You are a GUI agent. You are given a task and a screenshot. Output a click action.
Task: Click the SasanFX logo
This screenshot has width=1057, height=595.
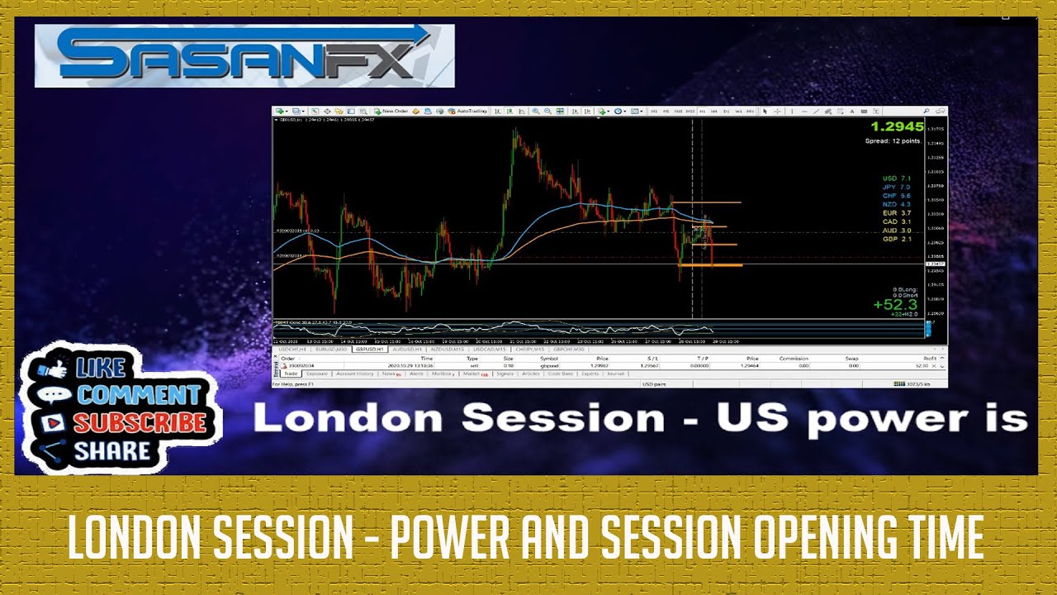(244, 55)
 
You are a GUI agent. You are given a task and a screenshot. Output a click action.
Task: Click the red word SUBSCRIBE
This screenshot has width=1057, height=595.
(140, 422)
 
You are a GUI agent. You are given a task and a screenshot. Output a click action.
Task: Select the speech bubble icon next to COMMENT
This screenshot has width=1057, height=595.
(55, 395)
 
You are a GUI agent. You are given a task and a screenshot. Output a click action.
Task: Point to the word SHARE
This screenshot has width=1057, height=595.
(112, 451)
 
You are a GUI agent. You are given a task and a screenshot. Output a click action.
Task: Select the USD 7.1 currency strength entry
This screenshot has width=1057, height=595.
(896, 178)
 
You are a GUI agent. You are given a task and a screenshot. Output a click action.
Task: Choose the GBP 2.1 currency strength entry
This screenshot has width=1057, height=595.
(896, 239)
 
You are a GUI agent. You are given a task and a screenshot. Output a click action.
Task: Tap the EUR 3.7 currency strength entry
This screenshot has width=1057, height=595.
(896, 213)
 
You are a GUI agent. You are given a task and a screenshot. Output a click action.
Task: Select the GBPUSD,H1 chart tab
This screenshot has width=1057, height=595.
(369, 350)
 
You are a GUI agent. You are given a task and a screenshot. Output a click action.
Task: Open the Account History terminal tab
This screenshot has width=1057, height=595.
(355, 374)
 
